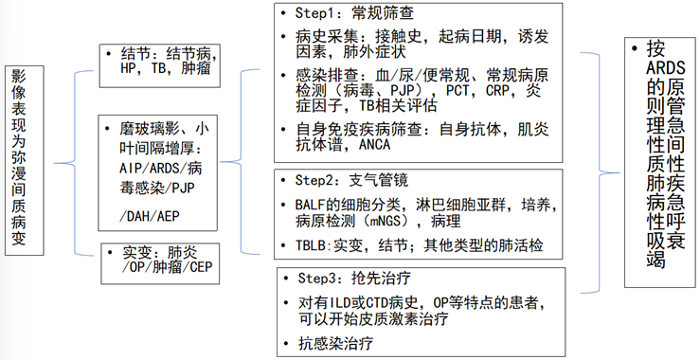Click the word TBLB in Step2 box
304,245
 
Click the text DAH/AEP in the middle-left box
150,216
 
